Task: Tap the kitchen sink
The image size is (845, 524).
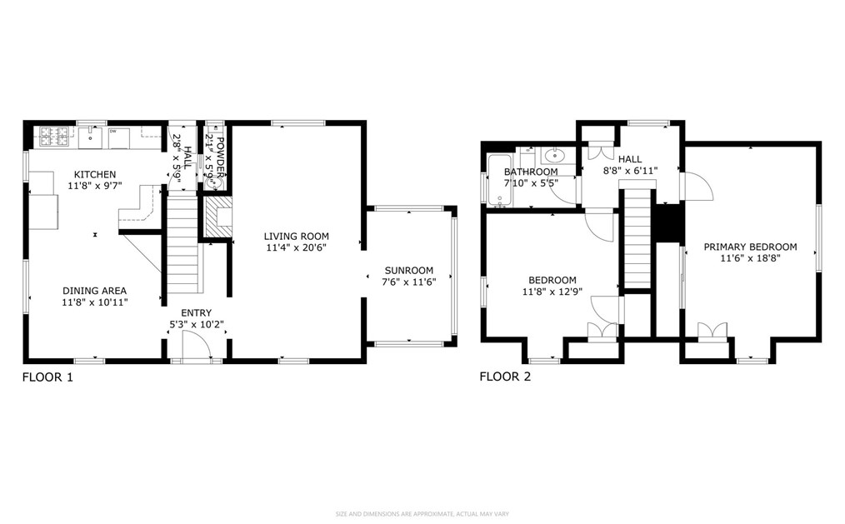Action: point(92,134)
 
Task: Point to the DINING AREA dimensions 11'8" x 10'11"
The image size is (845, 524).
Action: point(94,302)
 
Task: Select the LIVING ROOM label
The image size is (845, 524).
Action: point(297,237)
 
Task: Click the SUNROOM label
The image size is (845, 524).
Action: point(408,270)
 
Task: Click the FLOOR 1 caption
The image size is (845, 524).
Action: point(47,377)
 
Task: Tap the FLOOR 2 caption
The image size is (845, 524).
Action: point(505,377)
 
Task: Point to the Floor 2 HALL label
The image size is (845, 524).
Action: point(629,158)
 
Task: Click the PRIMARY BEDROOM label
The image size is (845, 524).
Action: point(750,247)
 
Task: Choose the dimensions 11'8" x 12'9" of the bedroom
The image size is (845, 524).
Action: point(552,292)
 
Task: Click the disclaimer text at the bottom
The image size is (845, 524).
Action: point(422,513)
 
